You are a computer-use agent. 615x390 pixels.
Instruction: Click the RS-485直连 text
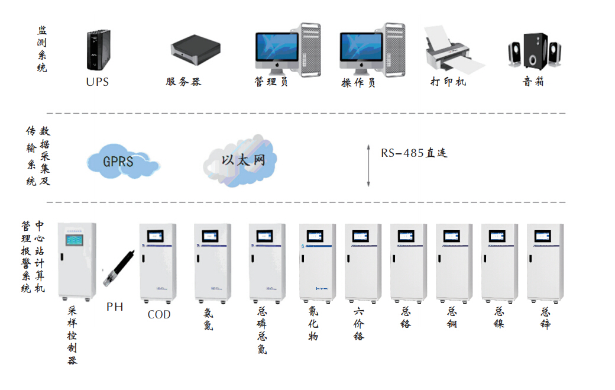click(414, 153)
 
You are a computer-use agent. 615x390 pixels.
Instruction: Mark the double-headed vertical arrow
click(368, 165)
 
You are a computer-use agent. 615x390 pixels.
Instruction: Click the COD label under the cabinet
click(159, 315)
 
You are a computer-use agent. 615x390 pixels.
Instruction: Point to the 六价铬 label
click(359, 324)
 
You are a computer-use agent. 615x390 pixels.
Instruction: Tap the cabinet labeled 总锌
click(545, 262)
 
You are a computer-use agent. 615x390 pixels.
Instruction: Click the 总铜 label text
click(452, 317)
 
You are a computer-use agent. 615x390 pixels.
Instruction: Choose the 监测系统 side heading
click(42, 49)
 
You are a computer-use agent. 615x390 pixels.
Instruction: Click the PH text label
click(115, 307)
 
